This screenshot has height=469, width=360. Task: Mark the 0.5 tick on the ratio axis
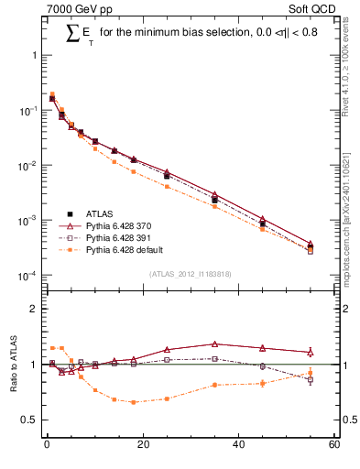point(29,420)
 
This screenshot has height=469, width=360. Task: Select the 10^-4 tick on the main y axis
point(28,276)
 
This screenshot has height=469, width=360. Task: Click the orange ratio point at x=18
point(133,402)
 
